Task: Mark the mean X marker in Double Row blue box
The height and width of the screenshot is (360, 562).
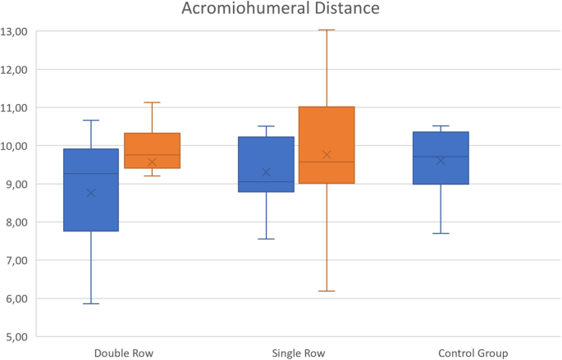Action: (x=90, y=193)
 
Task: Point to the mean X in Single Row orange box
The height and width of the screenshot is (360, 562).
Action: (x=327, y=155)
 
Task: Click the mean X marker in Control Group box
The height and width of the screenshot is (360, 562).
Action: (x=441, y=161)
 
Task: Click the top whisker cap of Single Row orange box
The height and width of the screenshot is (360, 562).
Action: (x=327, y=30)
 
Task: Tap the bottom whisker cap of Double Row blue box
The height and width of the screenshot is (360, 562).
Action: (x=90, y=303)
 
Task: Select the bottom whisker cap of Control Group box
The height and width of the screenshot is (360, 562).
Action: (x=441, y=234)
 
